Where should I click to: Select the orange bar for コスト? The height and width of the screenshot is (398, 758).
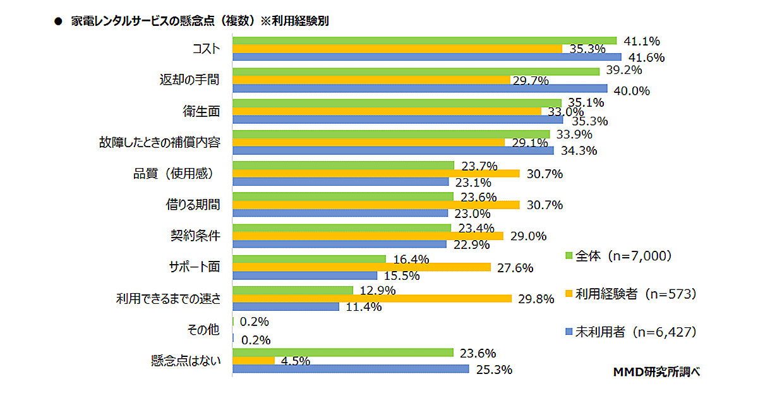(x=397, y=49)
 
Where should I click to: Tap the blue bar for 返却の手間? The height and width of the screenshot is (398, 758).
(x=419, y=88)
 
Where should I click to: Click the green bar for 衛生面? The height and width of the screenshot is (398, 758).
(x=397, y=103)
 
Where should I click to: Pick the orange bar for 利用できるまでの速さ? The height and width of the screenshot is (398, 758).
(x=372, y=298)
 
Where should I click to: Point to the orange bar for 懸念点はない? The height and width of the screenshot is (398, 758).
(x=253, y=360)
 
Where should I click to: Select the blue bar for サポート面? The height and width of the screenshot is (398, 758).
(x=305, y=275)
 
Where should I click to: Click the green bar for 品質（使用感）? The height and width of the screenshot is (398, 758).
(x=343, y=166)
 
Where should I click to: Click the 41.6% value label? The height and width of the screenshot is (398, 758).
(x=645, y=57)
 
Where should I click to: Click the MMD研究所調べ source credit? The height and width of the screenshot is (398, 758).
(x=656, y=372)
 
